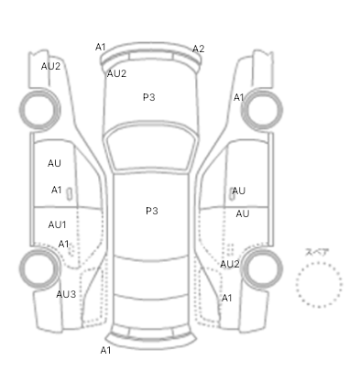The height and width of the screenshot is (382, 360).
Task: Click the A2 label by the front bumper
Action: pyautogui.click(x=198, y=49)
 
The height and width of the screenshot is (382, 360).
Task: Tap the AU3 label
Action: pyautogui.click(x=66, y=294)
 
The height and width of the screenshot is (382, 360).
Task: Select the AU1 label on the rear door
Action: pyautogui.click(x=57, y=224)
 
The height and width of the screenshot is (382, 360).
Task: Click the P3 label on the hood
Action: pyautogui.click(x=149, y=97)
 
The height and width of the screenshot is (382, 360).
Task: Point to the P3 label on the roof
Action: pyautogui.click(x=152, y=211)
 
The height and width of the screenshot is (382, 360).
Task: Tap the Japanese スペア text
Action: pyautogui.click(x=317, y=252)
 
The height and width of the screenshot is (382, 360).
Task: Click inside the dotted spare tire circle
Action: pyautogui.click(x=319, y=285)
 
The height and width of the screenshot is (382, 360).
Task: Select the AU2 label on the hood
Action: pyautogui.click(x=116, y=73)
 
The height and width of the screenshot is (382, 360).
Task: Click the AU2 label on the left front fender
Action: pyautogui.click(x=50, y=66)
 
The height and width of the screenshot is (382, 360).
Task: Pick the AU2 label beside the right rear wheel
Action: pyautogui.click(x=230, y=264)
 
